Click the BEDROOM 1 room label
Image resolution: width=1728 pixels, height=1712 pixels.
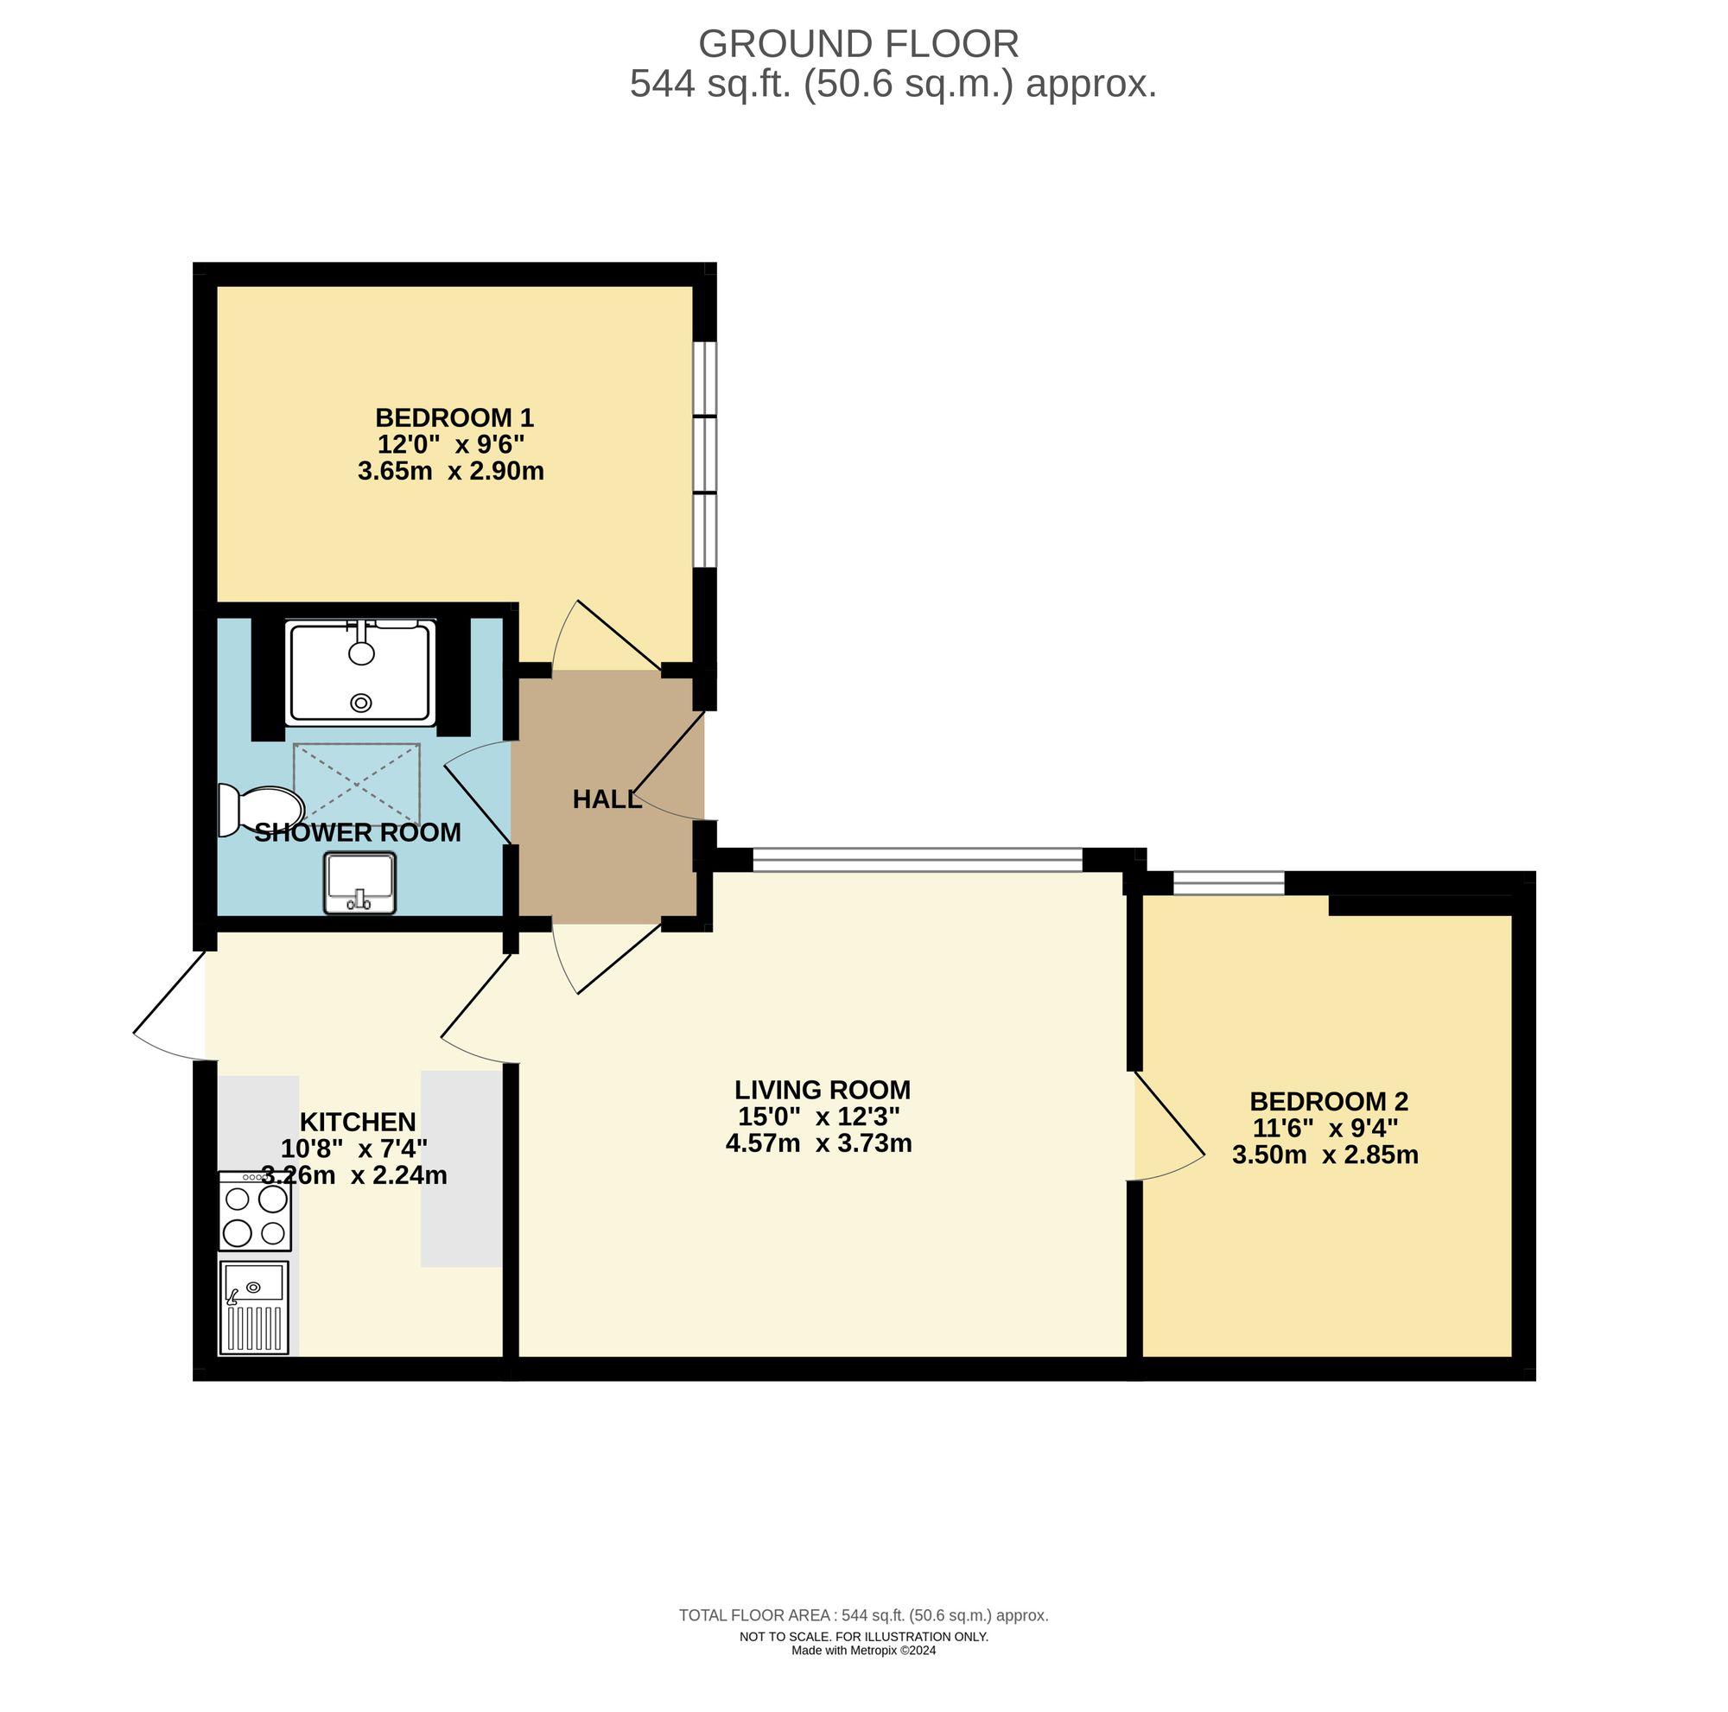click(x=454, y=417)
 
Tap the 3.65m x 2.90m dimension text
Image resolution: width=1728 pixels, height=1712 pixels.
click(x=451, y=471)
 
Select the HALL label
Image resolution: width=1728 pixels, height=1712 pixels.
click(x=607, y=799)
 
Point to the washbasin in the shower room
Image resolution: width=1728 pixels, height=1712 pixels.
click(x=360, y=883)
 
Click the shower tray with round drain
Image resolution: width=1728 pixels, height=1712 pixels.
click(x=360, y=671)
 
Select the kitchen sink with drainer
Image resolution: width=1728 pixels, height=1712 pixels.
click(x=255, y=1308)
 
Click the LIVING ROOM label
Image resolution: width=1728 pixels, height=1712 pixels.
click(x=822, y=1091)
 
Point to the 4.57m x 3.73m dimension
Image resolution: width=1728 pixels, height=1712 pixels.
click(x=818, y=1143)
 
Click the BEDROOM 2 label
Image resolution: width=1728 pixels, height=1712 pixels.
click(x=1328, y=1101)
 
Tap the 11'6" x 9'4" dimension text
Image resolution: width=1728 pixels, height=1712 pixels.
click(x=1325, y=1128)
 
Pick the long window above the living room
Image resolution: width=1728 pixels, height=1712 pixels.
click(x=917, y=860)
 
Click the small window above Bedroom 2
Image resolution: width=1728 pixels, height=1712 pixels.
click(x=1228, y=884)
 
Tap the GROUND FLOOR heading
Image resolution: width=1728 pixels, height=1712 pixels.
click(x=858, y=44)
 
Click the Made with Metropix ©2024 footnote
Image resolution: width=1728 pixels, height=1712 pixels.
click(x=863, y=1652)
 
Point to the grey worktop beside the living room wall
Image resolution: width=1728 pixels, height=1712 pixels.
click(x=461, y=1168)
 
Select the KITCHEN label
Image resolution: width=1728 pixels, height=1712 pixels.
click(x=357, y=1122)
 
